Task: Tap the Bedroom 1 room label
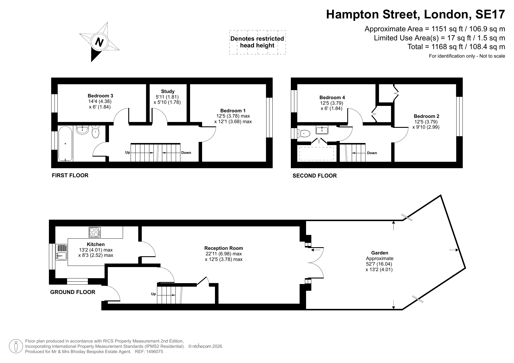click(233, 111)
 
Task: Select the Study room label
click(168, 92)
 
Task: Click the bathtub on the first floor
click(65, 143)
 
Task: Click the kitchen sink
click(62, 252)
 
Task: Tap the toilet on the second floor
click(303, 133)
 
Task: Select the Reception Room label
click(224, 248)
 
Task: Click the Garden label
click(380, 253)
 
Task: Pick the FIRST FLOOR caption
click(70, 176)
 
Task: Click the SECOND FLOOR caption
click(315, 176)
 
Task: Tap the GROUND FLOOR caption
click(73, 292)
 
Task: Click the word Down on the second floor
click(372, 153)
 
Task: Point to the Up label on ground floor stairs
click(153, 294)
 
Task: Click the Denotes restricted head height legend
click(257, 42)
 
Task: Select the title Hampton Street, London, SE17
click(416, 14)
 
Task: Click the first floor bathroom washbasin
click(83, 130)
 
